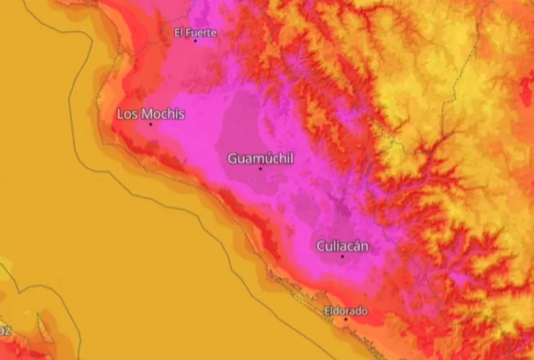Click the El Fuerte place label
tap(196, 32)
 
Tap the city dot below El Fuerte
tap(195, 40)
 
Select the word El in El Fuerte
tap(180, 32)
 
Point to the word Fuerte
tap(202, 32)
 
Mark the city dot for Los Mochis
tap(151, 124)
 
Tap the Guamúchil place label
tap(261, 158)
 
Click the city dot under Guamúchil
tap(261, 169)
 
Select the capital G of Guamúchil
tap(232, 158)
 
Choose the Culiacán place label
tap(343, 246)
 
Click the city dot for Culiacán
tap(343, 256)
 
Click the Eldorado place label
tap(346, 311)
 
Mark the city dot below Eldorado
tap(346, 319)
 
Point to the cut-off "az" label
tap(5, 330)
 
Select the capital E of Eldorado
tap(327, 311)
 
